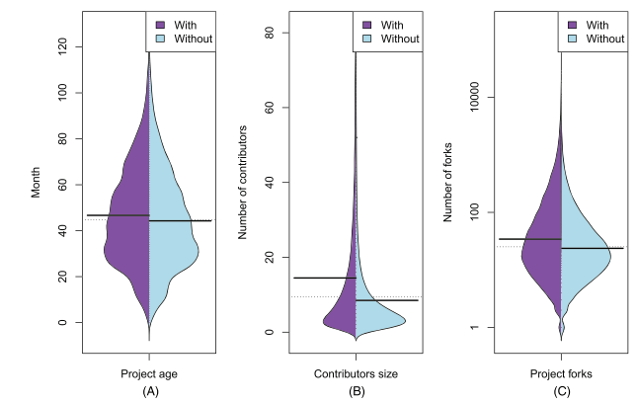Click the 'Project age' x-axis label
(149, 373)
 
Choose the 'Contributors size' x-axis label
(356, 373)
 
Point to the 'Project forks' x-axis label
(561, 373)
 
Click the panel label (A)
(149, 391)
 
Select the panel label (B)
(356, 391)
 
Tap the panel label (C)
(561, 391)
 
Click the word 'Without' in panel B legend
(399, 39)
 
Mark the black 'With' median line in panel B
(325, 278)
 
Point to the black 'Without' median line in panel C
(593, 248)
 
